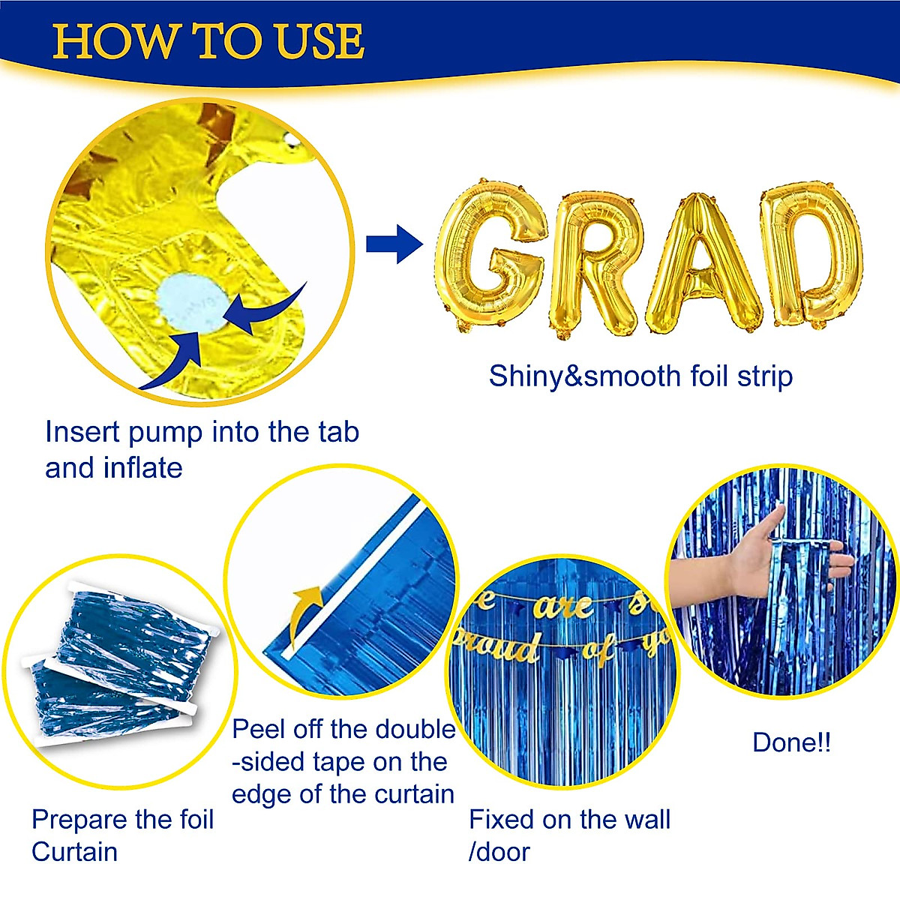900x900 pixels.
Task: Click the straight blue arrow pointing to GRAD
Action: click(x=394, y=244)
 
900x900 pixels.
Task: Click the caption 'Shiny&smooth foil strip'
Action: click(x=640, y=376)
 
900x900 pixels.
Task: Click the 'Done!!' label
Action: click(x=791, y=742)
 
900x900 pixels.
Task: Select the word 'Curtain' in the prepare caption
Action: click(x=74, y=852)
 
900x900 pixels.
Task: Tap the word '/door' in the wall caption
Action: click(x=499, y=852)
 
